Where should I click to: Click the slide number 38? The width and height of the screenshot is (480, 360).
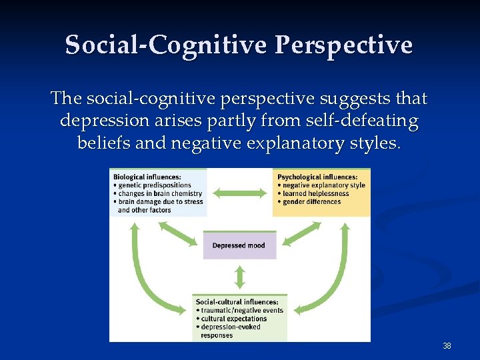[x=447, y=346]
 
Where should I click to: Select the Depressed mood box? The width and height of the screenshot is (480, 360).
[x=239, y=245]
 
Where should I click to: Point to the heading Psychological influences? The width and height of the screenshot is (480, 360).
[x=314, y=177]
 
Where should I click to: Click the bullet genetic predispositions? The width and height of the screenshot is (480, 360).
[x=154, y=185]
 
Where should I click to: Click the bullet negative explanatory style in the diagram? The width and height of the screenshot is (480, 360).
[x=323, y=185]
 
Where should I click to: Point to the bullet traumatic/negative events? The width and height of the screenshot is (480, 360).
[x=242, y=311]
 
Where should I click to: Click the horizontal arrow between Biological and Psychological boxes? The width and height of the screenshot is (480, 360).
[x=240, y=193]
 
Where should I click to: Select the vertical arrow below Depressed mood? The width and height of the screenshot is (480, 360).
[x=239, y=275]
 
